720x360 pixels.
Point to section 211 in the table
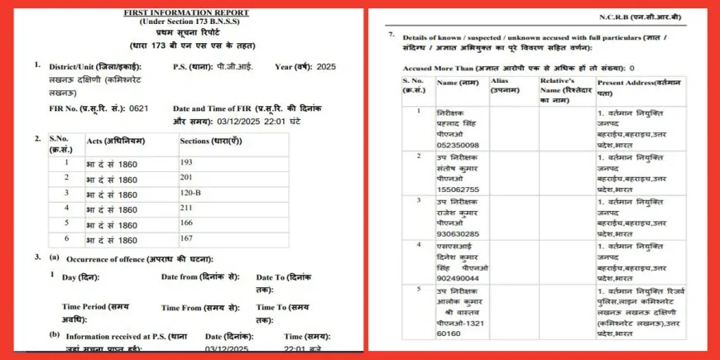(186, 209)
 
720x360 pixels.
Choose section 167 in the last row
(186, 239)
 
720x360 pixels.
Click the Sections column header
(210, 141)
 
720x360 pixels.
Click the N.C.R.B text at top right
(629, 17)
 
